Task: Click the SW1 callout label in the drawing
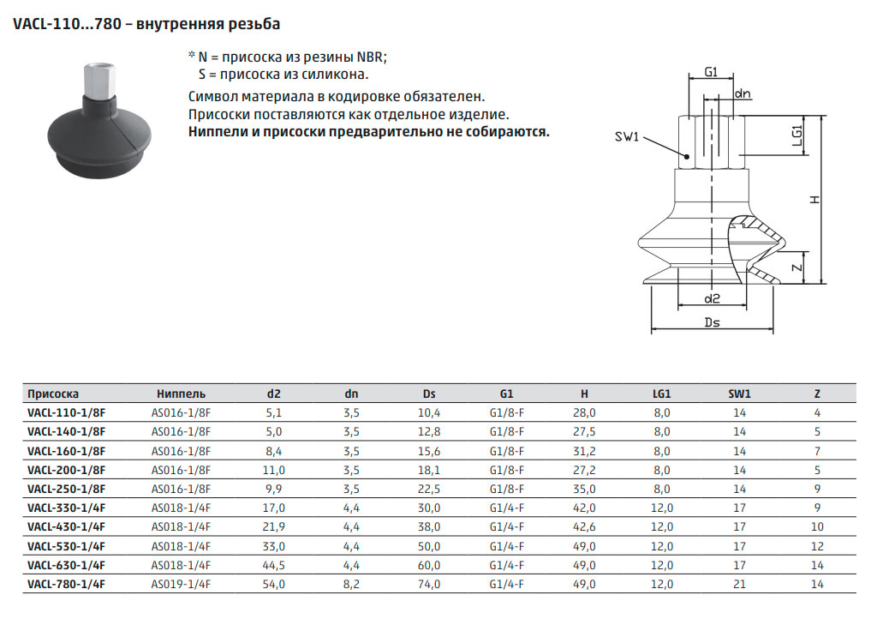click(x=626, y=136)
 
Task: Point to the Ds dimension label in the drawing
click(x=712, y=322)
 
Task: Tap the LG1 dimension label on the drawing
click(x=797, y=135)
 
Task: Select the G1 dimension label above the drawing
click(x=710, y=72)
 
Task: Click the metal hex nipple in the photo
click(x=99, y=81)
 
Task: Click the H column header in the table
click(x=584, y=394)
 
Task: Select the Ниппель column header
click(x=181, y=394)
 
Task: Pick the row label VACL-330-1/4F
click(x=66, y=508)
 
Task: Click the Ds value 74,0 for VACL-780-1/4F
click(x=429, y=584)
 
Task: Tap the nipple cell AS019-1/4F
click(x=181, y=584)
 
